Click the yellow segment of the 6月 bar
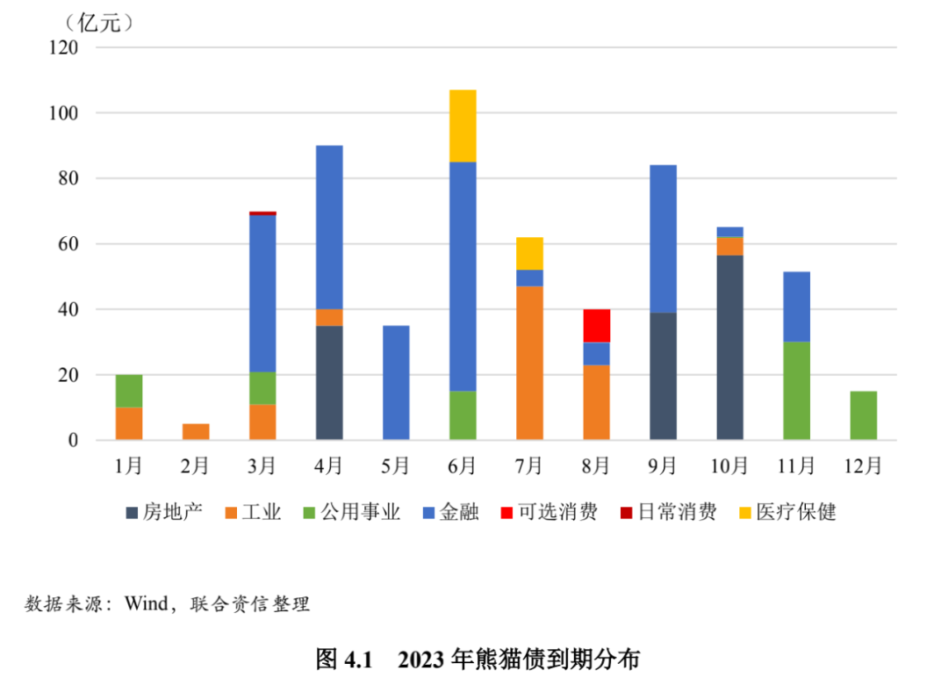coord(463,126)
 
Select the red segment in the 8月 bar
coord(596,325)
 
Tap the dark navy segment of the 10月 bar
coord(729,347)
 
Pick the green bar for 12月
coord(863,415)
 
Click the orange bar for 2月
coord(196,431)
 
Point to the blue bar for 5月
coord(396,382)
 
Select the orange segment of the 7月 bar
coord(529,363)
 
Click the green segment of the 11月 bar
coord(796,391)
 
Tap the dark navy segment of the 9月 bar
coord(663,376)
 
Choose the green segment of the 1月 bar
coord(129,391)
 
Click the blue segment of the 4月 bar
coord(329,227)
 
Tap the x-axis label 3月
coord(262,465)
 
